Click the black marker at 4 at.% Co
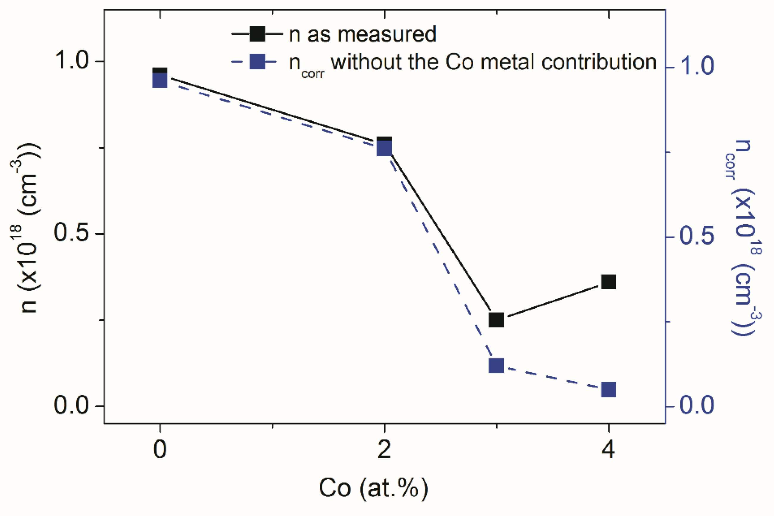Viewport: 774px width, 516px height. [x=608, y=282]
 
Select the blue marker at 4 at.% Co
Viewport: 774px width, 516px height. [x=608, y=390]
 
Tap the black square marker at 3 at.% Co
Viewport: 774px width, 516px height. [x=497, y=320]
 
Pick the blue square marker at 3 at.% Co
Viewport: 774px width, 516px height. [x=497, y=366]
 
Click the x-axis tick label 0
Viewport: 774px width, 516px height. [x=160, y=450]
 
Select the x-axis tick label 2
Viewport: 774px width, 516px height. [x=384, y=450]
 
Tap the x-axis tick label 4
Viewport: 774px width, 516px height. [x=608, y=450]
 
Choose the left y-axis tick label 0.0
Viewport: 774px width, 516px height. [x=72, y=405]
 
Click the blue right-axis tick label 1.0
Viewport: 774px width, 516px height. [x=696, y=66]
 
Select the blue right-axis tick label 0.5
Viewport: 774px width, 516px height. [x=696, y=236]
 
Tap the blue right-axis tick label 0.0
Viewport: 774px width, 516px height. [x=696, y=405]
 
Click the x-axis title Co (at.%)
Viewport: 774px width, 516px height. [x=374, y=488]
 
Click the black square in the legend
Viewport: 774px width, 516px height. [x=258, y=34]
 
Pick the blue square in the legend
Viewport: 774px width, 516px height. [x=258, y=62]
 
